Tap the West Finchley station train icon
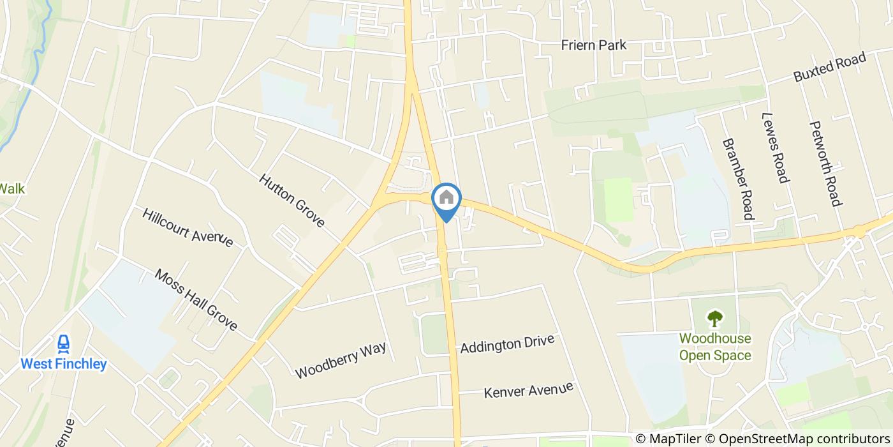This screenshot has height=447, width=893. pos(63,345)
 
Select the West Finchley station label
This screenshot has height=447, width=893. pos(63,364)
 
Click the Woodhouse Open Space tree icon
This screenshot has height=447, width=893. pos(714,317)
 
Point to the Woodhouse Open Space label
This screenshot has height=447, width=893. pos(714,347)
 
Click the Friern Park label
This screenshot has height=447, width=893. pos(593,45)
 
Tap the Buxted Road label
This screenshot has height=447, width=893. pos(829,67)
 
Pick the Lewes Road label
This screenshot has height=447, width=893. pos(774,148)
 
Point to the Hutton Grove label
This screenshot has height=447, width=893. pos(292,201)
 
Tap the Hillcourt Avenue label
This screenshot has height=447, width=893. pos(188,227)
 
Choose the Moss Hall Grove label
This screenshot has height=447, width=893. pos(196,300)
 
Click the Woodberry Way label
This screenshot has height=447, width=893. pos(341,360)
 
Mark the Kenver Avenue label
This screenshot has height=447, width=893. pos(528,390)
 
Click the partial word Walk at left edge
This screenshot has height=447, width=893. pos(11,189)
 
